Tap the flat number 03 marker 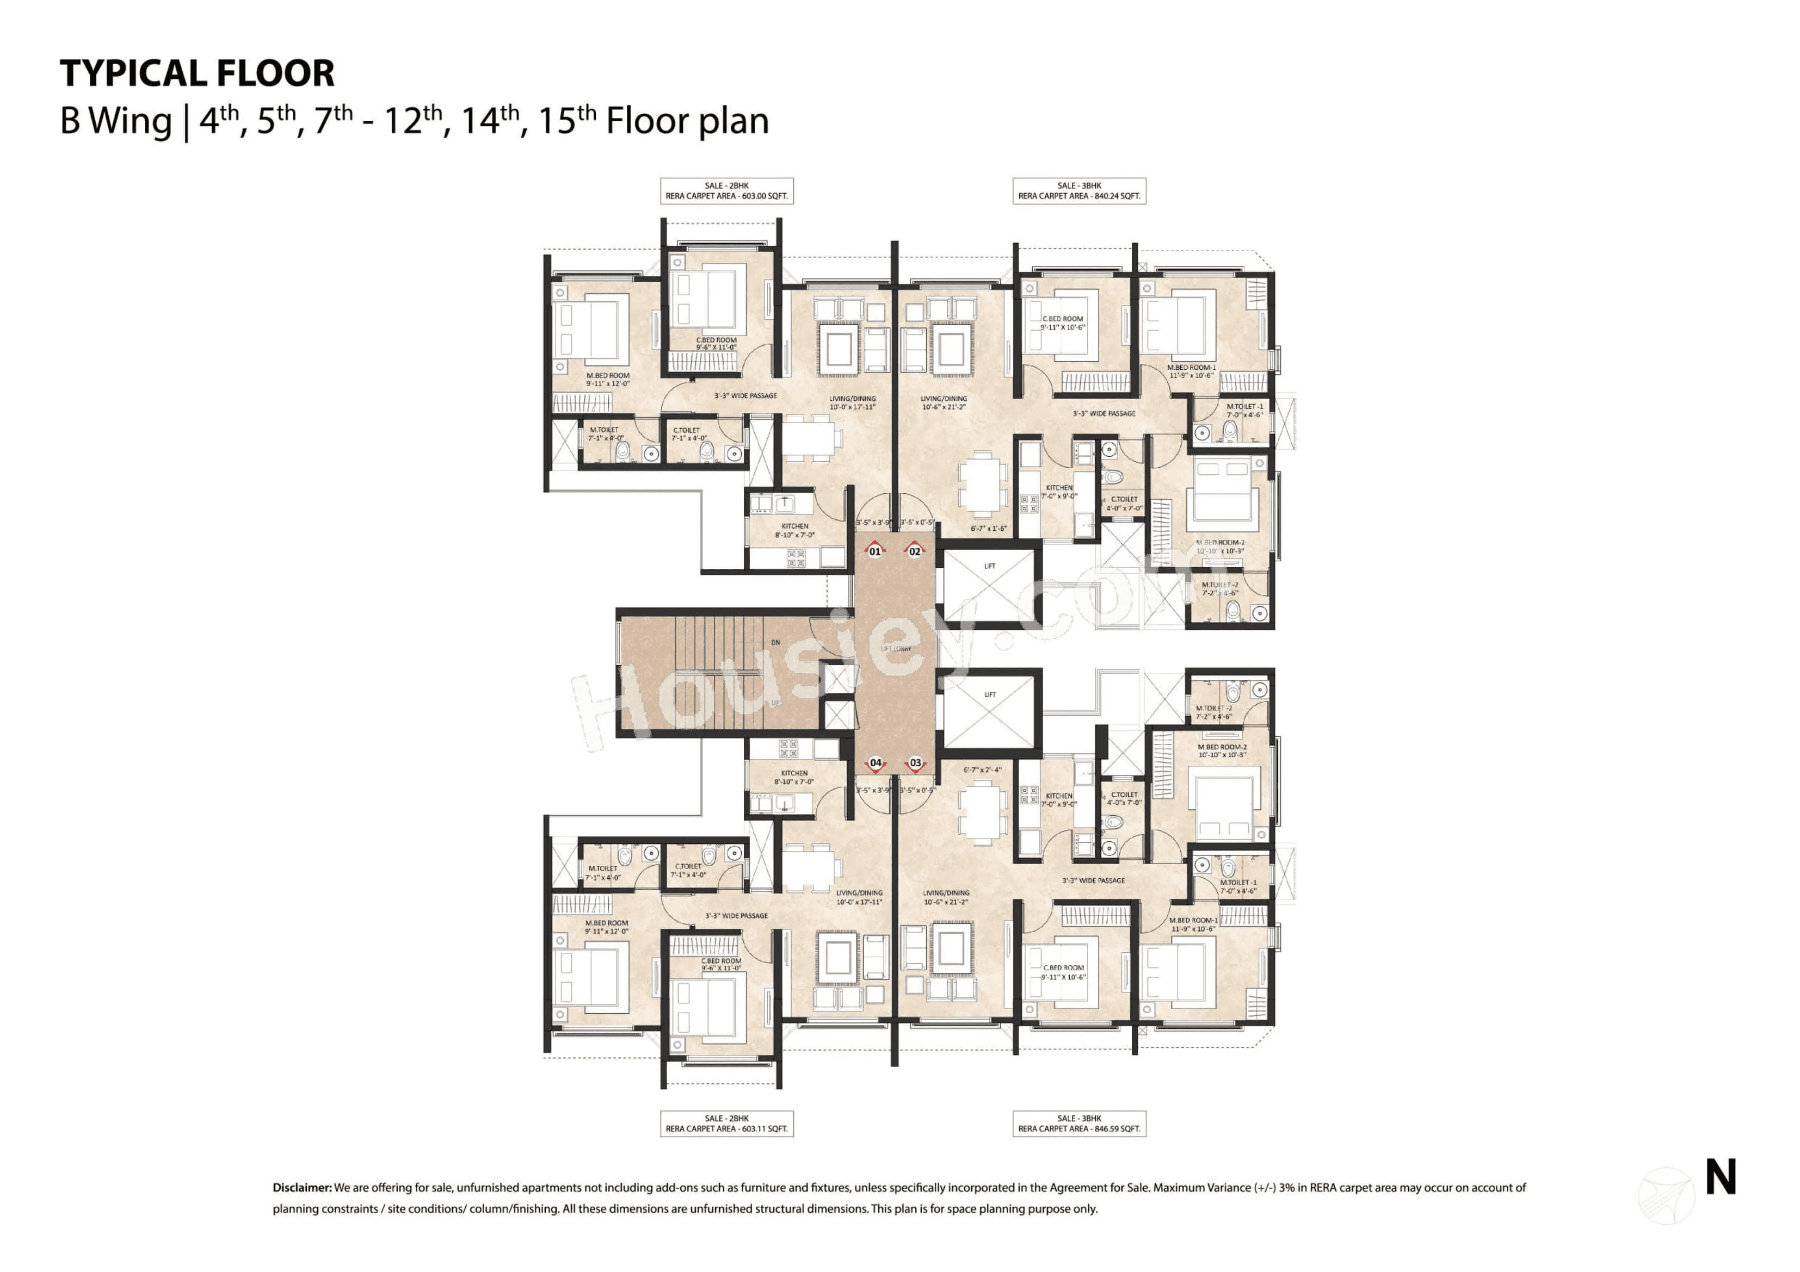click(x=915, y=762)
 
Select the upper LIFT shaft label click(x=989, y=566)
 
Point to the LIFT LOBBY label click(x=895, y=649)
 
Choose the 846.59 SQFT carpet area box click(x=1078, y=1123)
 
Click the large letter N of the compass click(x=1720, y=1177)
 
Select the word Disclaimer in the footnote click(x=302, y=1187)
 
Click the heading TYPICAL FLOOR click(x=197, y=73)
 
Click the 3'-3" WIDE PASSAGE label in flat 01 click(x=745, y=396)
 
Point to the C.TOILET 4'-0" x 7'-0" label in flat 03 click(x=1124, y=798)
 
